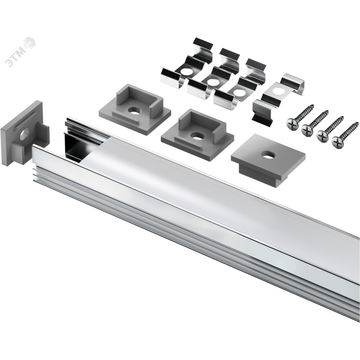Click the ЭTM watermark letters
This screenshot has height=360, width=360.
[16, 57]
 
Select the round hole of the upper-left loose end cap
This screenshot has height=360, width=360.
[134, 111]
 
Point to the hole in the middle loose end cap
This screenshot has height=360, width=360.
[196, 136]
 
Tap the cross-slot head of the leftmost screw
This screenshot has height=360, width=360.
[292, 124]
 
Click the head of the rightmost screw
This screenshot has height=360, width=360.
[338, 142]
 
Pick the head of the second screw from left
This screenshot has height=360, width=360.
[307, 130]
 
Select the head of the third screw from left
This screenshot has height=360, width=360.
[323, 136]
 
